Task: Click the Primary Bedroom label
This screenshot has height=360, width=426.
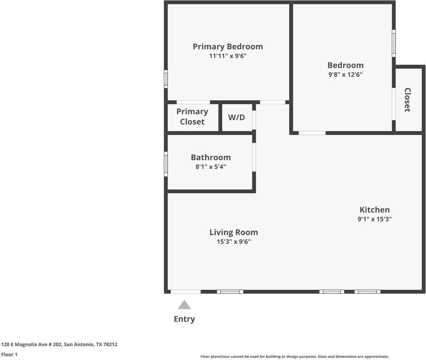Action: click(228, 47)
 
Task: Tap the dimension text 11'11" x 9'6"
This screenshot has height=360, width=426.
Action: click(228, 56)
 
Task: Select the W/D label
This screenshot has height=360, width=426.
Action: click(236, 117)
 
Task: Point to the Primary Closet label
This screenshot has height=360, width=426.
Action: click(192, 117)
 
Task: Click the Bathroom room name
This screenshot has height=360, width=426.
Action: click(211, 157)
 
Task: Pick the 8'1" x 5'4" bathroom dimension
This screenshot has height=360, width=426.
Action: click(211, 166)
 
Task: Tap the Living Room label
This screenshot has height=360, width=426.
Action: click(234, 232)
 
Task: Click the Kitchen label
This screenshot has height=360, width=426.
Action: click(375, 210)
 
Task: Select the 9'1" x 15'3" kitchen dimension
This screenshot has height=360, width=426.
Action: click(375, 219)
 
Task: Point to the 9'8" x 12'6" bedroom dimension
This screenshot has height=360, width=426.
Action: click(346, 74)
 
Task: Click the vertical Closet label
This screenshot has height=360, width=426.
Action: click(407, 100)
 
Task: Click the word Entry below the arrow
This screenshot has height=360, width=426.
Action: click(184, 319)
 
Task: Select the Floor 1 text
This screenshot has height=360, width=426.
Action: click(9, 354)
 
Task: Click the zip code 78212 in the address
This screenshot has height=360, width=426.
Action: click(110, 344)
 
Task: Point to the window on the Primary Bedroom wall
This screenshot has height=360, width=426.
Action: click(166, 79)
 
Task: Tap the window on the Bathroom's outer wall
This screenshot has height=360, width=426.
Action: click(166, 164)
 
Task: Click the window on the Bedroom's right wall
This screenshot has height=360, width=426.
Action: click(394, 43)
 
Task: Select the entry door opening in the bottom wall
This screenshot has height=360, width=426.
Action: click(185, 292)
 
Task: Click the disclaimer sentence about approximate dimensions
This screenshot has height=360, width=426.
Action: click(295, 357)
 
